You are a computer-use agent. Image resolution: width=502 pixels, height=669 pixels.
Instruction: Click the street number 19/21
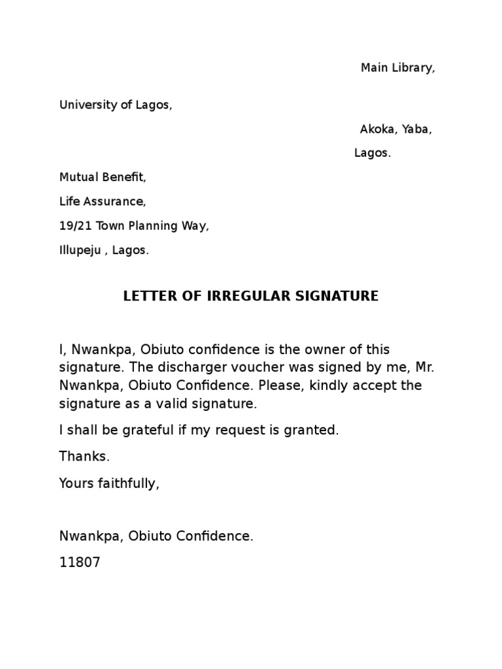pyautogui.click(x=75, y=227)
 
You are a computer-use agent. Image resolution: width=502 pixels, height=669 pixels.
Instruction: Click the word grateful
pyautogui.click(x=154, y=431)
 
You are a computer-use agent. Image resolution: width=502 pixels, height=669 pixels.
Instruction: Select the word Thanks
pyautogui.click(x=84, y=457)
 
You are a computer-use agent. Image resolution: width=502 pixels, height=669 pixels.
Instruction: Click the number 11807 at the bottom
pyautogui.click(x=80, y=563)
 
